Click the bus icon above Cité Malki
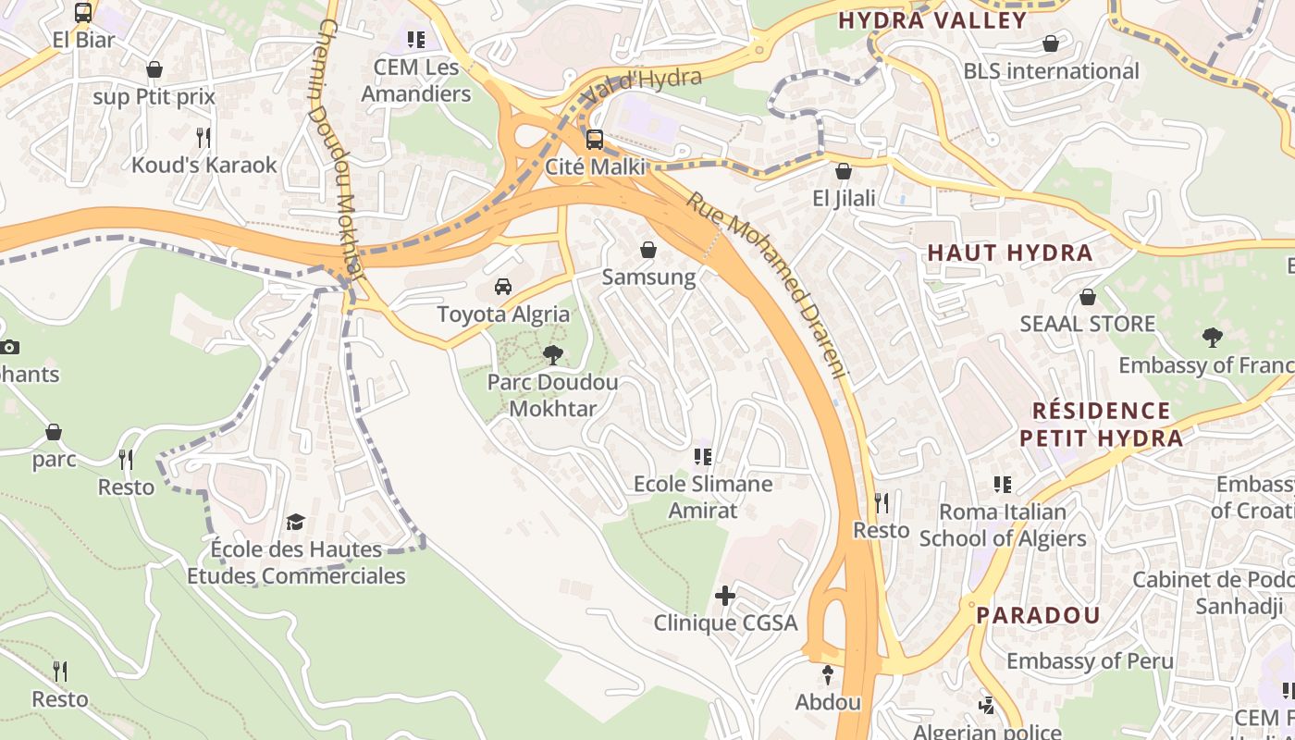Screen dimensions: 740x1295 click(595, 140)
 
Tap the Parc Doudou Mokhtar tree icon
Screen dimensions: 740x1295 click(553, 354)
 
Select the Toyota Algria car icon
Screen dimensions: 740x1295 click(503, 287)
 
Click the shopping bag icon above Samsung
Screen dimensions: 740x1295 click(648, 250)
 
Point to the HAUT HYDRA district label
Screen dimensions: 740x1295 click(1010, 253)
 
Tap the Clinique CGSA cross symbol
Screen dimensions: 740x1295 click(725, 596)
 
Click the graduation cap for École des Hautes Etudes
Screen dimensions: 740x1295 click(295, 523)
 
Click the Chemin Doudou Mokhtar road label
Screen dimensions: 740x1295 click(339, 148)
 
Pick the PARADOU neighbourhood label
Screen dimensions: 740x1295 click(1038, 615)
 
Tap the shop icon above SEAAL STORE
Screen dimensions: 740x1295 click(1088, 297)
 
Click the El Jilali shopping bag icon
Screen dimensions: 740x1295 click(844, 171)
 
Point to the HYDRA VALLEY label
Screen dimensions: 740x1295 click(932, 20)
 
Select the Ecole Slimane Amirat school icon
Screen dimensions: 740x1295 click(703, 457)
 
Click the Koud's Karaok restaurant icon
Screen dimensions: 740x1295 click(203, 138)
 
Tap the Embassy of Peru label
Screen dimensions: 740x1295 click(1090, 661)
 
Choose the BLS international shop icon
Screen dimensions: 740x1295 click(1051, 43)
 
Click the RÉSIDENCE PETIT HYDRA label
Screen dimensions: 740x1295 click(1101, 425)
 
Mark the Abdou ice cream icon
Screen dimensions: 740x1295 click(828, 675)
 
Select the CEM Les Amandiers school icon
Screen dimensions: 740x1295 click(416, 40)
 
